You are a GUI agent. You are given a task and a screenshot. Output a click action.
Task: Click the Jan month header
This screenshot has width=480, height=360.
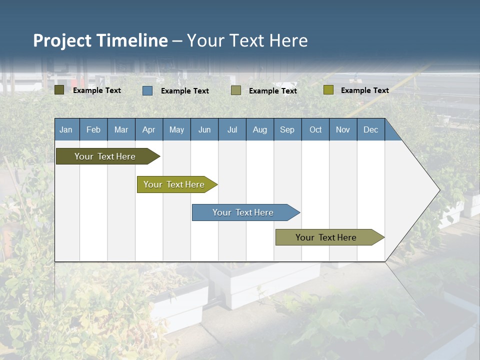66,129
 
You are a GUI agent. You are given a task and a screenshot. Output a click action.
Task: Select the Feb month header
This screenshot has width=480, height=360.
93,129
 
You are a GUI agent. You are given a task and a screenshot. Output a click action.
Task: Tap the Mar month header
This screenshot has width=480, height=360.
121,129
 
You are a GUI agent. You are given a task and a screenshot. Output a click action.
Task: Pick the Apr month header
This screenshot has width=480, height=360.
148,129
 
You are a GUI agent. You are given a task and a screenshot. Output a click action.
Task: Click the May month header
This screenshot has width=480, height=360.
176,129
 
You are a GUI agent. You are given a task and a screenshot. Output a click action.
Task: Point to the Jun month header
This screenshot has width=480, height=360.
204,129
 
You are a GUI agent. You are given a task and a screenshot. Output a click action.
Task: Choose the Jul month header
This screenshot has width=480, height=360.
232,129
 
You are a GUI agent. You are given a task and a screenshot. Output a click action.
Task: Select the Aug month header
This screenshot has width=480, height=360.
260,129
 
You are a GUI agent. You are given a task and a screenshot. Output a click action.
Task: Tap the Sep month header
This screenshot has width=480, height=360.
287,129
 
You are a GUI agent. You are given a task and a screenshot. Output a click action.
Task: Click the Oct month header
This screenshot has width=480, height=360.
315,129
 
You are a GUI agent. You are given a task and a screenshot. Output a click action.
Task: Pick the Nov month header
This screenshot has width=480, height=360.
343,129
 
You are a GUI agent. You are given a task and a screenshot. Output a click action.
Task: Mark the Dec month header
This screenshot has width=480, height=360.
371,129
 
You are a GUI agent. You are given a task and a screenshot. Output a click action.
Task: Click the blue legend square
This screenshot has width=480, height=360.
147,90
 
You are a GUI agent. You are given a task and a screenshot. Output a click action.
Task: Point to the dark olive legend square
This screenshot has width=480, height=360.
59,90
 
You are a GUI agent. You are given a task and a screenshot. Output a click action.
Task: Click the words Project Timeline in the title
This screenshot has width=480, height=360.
100,40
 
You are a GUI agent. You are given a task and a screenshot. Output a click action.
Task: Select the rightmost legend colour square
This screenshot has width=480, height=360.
328,90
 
